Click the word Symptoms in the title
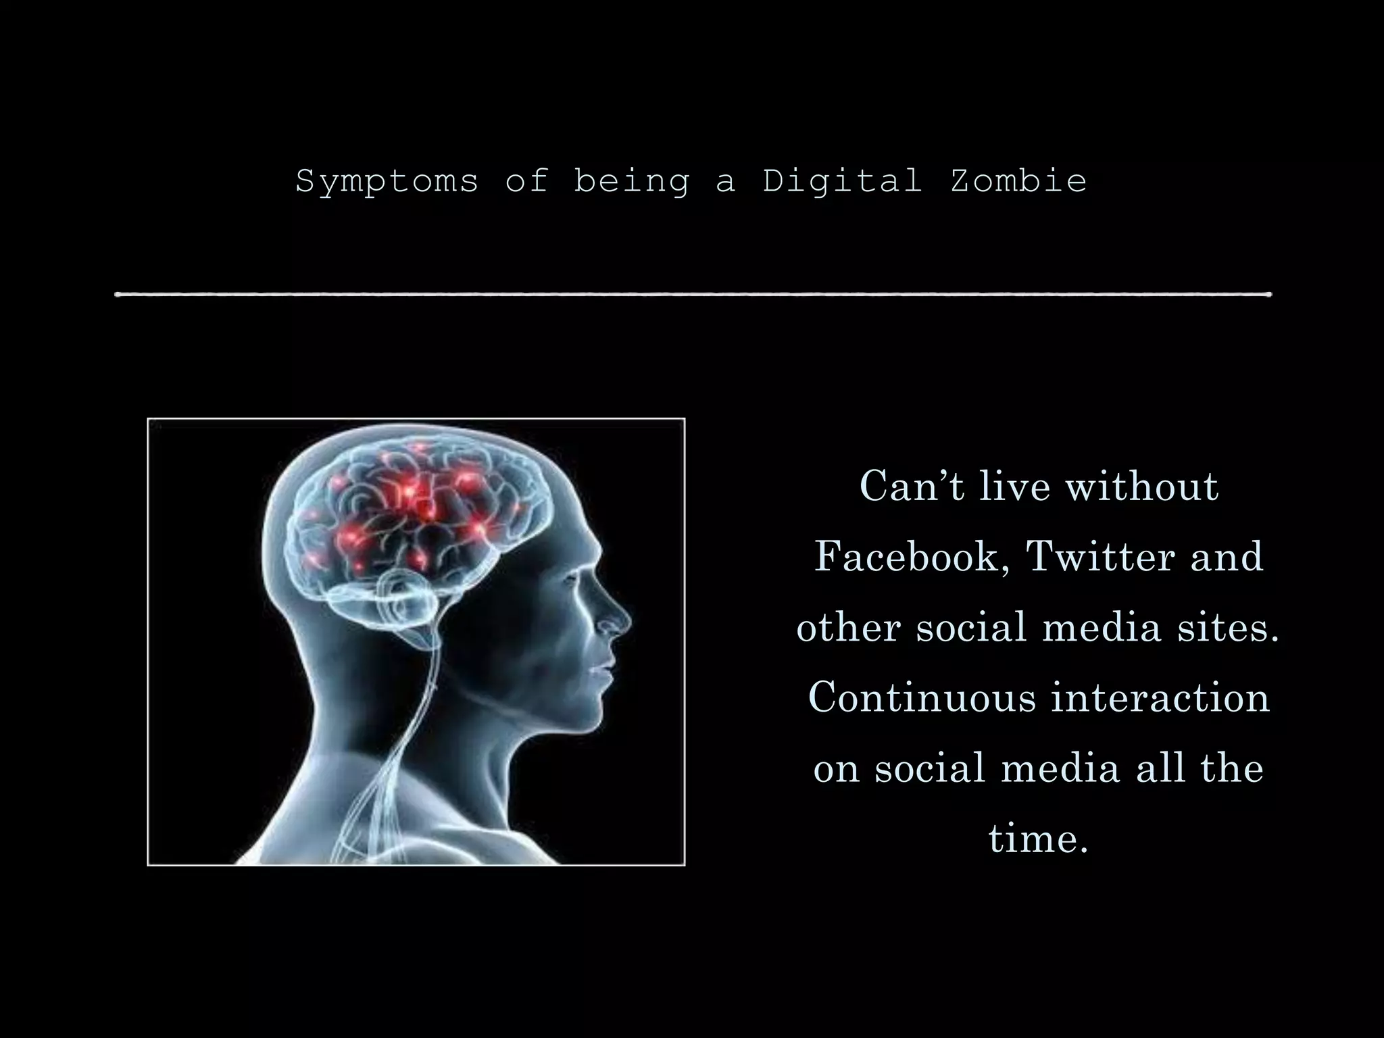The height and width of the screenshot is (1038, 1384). coord(387,182)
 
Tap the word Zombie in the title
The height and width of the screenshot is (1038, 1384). coord(1018,180)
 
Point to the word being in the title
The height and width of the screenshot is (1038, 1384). coord(631,182)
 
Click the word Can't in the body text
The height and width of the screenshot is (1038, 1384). coord(912,486)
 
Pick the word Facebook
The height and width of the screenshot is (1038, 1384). coord(906,557)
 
